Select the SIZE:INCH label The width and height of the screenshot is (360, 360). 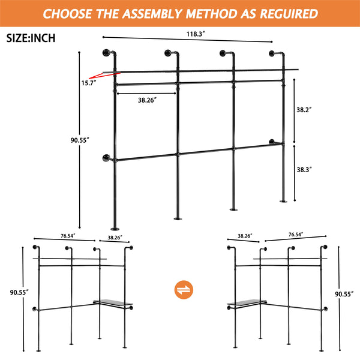[x=31, y=38]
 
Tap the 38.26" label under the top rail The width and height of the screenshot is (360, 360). [x=146, y=101]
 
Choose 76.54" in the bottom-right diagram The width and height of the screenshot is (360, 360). [x=295, y=235]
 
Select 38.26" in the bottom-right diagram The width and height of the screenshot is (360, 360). [x=244, y=236]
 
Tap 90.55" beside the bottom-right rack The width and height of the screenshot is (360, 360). [x=344, y=294]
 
